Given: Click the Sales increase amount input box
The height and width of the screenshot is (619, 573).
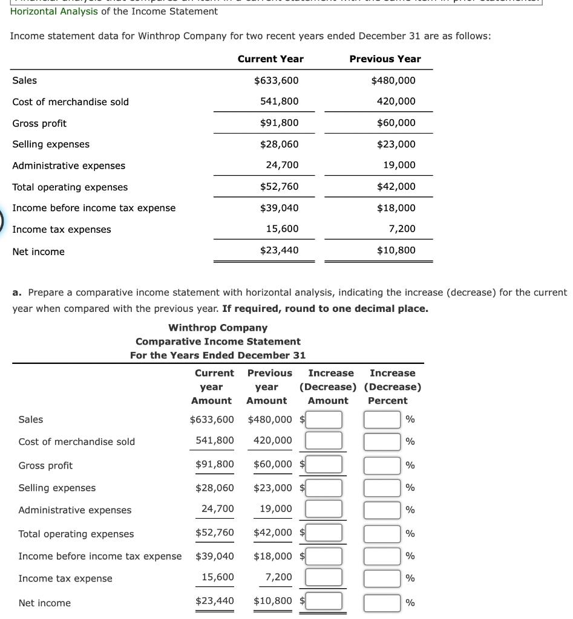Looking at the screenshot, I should coord(324,420).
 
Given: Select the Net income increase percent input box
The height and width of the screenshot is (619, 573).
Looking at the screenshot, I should coord(382,603).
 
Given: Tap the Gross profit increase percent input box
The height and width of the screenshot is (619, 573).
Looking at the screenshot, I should coord(382,465).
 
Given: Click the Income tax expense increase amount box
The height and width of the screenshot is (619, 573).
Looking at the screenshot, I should coord(324,578).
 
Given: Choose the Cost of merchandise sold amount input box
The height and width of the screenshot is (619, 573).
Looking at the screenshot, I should coord(324,441).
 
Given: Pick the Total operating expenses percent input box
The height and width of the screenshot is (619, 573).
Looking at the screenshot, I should coord(382,533).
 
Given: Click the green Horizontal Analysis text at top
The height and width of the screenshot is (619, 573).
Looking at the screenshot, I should coord(54,11).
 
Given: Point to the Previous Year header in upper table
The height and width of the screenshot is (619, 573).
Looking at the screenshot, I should coord(385,59).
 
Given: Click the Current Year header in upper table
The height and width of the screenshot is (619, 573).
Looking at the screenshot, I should coord(270,59).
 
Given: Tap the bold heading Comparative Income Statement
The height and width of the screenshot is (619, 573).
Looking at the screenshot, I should coord(218,342).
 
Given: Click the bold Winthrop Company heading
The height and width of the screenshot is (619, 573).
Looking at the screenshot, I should coord(218,328).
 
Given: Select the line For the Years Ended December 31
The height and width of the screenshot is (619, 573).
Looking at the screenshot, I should coord(218,355).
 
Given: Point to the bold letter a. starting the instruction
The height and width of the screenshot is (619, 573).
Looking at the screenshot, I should coord(18,293).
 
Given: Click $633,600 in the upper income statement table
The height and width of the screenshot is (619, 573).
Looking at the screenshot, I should coord(276,80).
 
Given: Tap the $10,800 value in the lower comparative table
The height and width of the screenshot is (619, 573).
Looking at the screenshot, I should coord(272,601).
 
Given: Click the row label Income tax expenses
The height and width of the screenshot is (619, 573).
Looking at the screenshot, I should coord(62,230).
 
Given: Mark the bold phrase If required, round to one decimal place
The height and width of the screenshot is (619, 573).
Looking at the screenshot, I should coord(325,308).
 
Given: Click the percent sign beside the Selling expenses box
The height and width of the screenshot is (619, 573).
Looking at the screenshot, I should coord(410,488).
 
